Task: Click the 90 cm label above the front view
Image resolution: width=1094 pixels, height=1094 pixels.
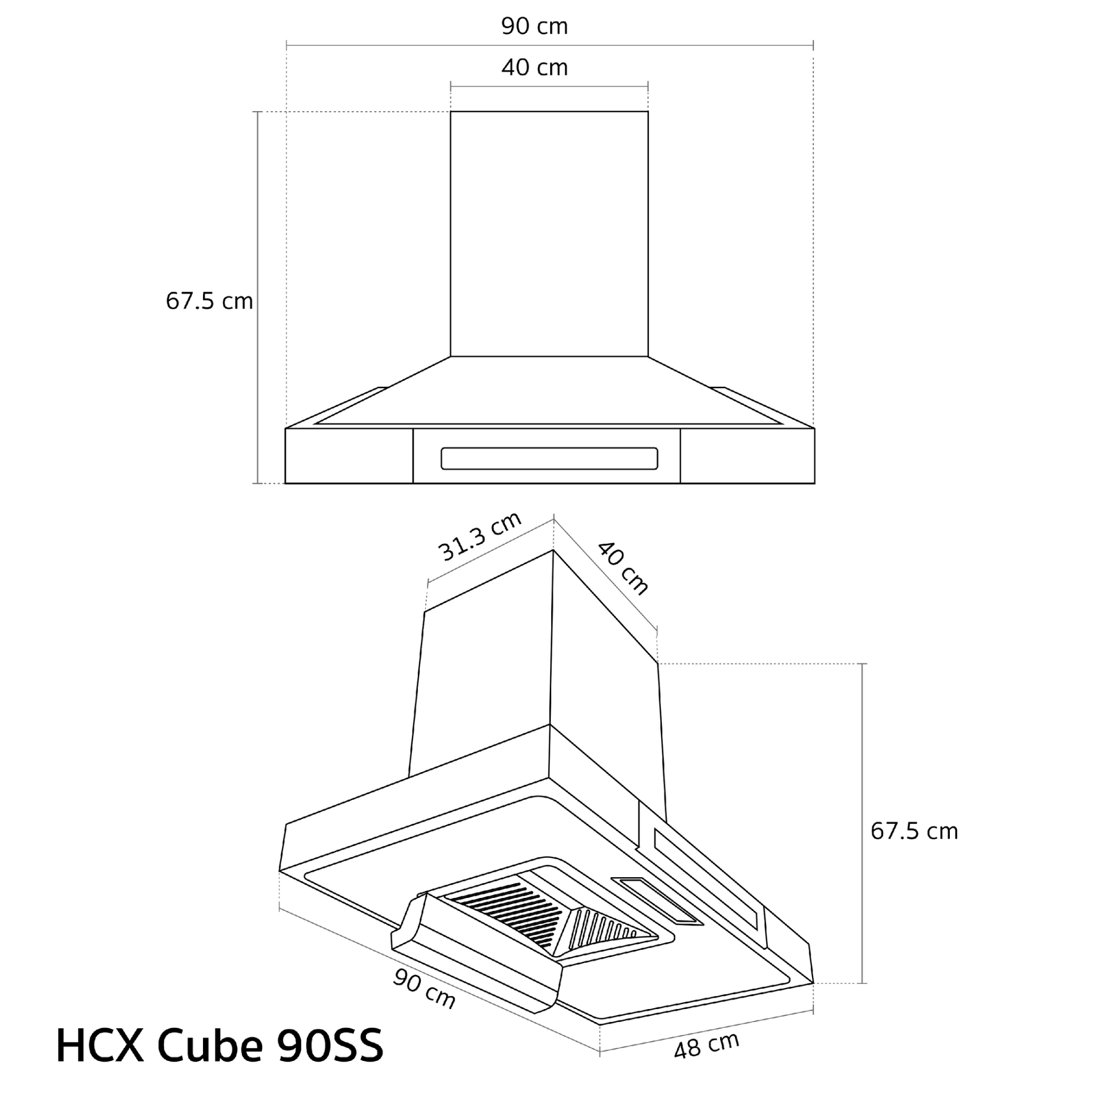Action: pos(534,26)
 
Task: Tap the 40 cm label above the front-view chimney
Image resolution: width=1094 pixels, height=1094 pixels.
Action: pos(534,67)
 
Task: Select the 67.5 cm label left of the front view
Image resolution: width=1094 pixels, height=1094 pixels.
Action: pos(209,301)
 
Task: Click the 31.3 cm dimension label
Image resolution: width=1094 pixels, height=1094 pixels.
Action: pos(479,536)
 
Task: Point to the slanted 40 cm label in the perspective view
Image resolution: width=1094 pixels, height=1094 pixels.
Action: pos(622,568)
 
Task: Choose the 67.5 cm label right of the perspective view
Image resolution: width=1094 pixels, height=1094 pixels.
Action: pos(914,831)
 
